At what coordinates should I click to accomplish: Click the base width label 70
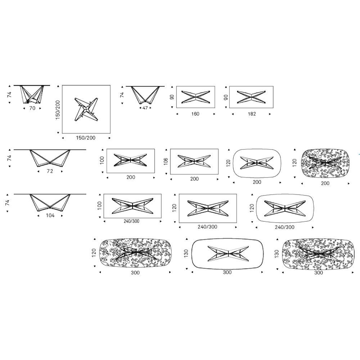(32, 108)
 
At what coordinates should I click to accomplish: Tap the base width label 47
(145, 108)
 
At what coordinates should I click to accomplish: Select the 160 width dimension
(195, 114)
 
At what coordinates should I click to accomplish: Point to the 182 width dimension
(252, 114)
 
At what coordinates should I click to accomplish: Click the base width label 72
(50, 171)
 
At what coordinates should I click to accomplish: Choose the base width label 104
(50, 215)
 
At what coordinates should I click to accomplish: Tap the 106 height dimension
(166, 161)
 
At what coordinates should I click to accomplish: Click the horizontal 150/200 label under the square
(86, 138)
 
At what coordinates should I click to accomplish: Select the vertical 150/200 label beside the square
(58, 110)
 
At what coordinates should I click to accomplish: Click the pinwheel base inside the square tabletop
(86, 109)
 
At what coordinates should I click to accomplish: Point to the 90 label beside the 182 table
(226, 97)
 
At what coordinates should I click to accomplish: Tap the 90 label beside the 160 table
(172, 97)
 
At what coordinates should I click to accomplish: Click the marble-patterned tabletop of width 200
(325, 163)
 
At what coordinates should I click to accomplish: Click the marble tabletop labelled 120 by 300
(135, 253)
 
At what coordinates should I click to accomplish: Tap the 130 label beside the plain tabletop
(186, 253)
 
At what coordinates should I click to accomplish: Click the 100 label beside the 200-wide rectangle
(102, 160)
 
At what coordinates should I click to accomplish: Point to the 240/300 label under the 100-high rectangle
(131, 221)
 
